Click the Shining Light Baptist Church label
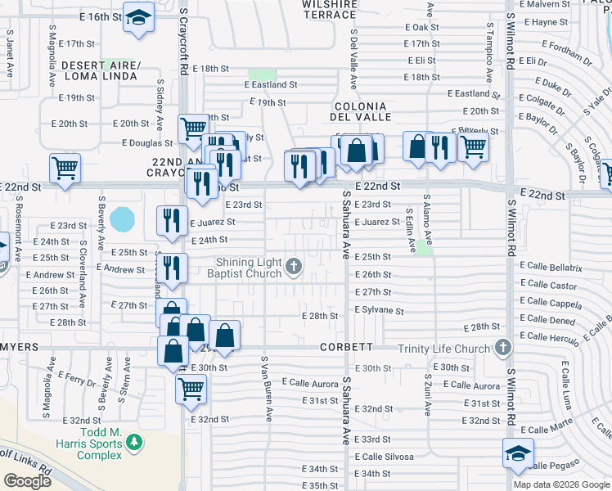249,268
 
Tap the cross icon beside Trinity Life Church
502,349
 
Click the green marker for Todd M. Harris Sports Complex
133,444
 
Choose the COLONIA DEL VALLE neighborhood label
360,112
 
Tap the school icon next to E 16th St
139,17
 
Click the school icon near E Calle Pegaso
518,454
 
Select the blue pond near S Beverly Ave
122,218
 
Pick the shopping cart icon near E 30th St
191,389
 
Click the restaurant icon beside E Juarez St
171,220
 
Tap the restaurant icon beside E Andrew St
171,268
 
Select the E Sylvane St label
379,311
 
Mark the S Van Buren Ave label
266,389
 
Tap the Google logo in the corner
28,481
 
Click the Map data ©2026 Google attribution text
560,484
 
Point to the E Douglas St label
147,143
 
